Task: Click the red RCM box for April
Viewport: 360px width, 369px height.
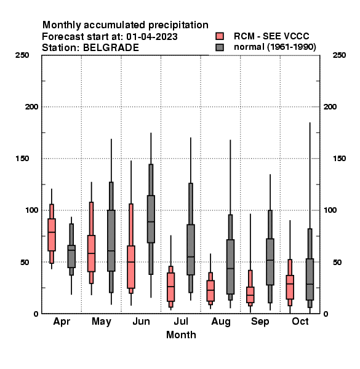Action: coord(52,235)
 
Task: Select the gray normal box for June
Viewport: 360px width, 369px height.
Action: coord(151,219)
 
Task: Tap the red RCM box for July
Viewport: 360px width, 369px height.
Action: coord(170,287)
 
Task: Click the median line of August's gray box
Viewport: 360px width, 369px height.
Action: coord(231,268)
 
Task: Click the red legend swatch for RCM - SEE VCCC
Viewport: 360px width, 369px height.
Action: coord(220,36)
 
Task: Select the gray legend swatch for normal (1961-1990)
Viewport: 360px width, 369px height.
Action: coord(220,47)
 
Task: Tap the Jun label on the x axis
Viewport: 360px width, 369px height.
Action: coord(142,322)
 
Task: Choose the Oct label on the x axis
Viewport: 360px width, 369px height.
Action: coord(300,322)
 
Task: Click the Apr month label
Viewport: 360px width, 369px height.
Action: coord(62,322)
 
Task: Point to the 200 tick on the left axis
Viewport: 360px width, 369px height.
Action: coord(31,107)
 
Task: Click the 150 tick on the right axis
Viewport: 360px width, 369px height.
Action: coord(339,159)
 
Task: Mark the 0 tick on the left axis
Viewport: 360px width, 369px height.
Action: coord(36,314)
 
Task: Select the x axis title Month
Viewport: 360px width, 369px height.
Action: coord(181,335)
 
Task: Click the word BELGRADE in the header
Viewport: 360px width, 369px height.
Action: coord(111,48)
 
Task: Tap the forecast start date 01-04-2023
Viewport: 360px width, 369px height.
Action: coord(152,37)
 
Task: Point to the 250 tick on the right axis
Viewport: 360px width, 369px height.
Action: coord(339,55)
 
